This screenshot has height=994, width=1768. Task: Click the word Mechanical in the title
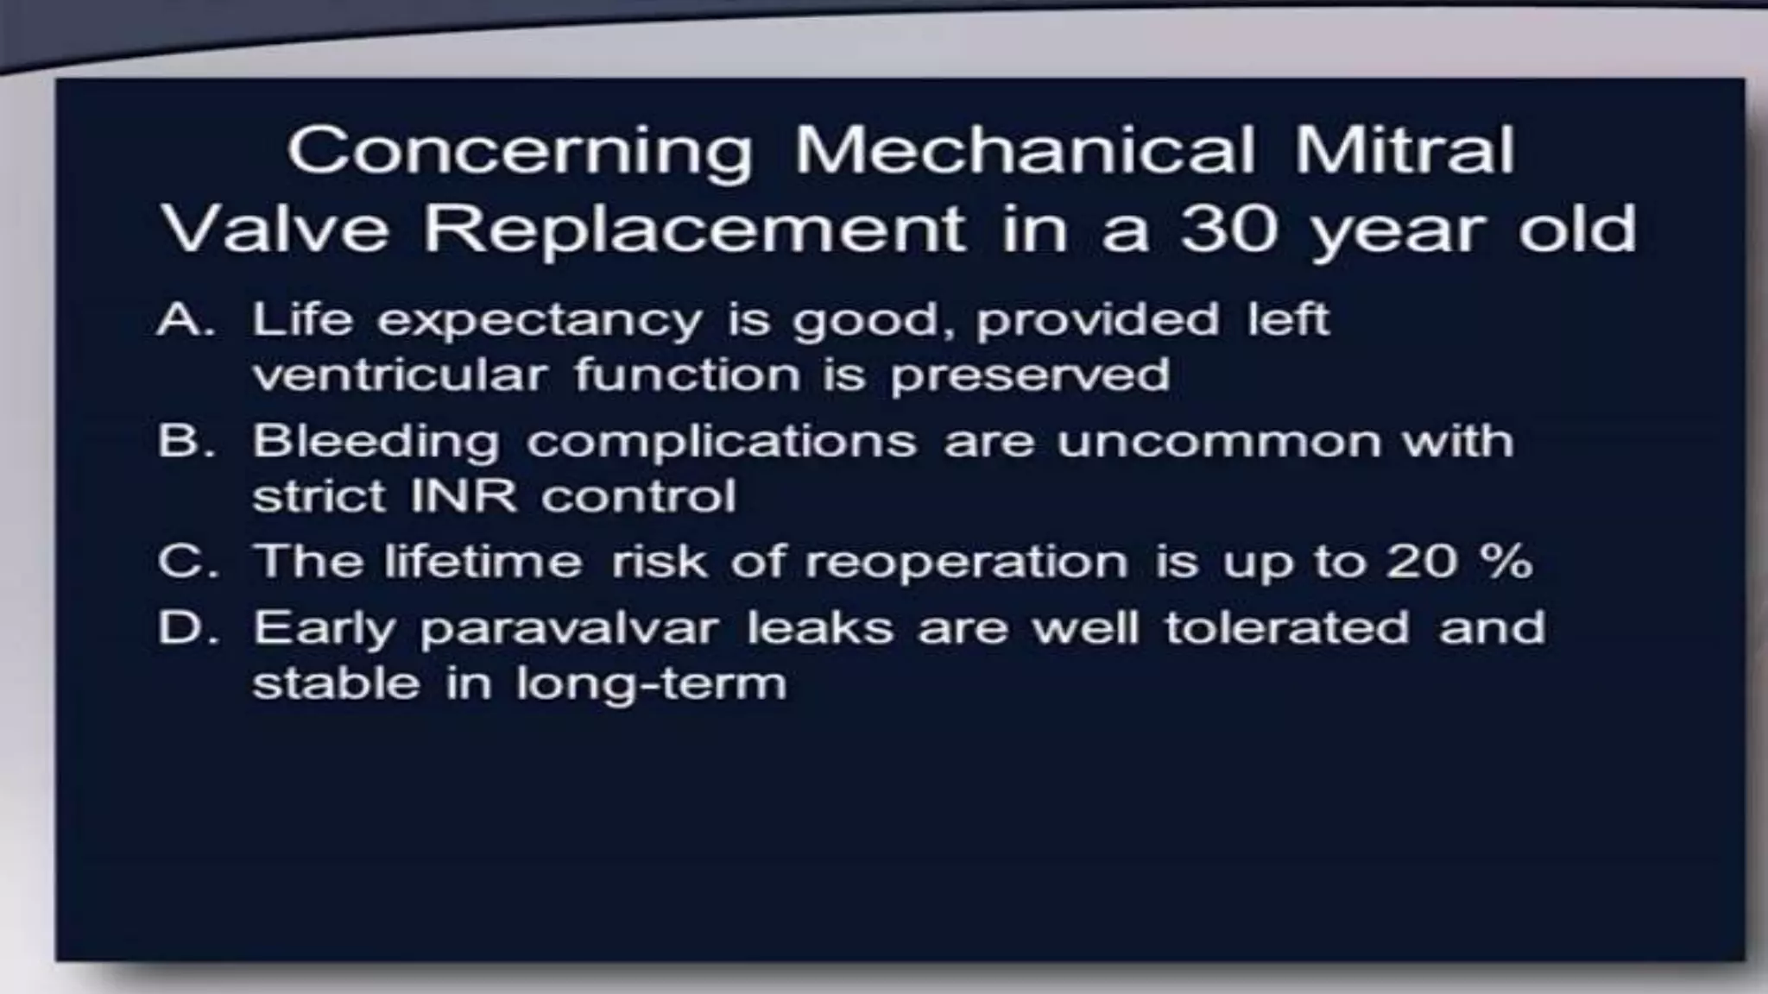click(1024, 151)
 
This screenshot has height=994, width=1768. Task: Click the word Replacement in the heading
click(694, 229)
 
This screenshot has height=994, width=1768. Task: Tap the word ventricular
click(400, 374)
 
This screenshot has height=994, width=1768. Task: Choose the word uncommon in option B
click(1217, 442)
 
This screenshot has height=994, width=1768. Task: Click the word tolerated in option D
click(1286, 627)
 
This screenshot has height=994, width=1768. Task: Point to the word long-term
click(651, 684)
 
